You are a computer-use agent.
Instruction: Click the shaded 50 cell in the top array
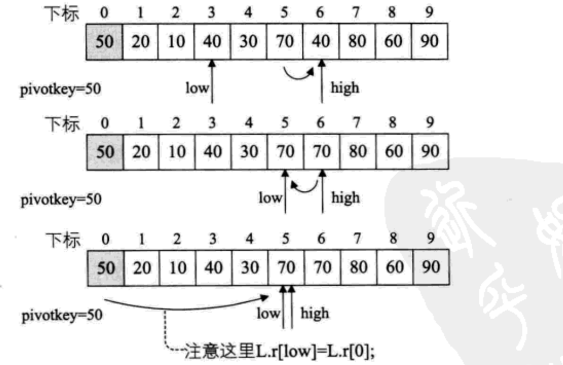click(104, 41)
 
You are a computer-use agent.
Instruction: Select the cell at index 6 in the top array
click(321, 41)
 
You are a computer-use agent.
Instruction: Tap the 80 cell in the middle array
click(358, 152)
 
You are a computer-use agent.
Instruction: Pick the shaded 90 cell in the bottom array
click(431, 267)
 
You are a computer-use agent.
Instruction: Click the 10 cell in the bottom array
click(178, 267)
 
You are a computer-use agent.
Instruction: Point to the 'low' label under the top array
click(197, 88)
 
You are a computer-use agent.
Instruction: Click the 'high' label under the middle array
click(345, 198)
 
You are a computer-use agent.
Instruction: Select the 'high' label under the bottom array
click(314, 313)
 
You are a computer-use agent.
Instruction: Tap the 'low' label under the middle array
click(270, 198)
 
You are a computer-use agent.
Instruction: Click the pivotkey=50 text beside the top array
click(60, 89)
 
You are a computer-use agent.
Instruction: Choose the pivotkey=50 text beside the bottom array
click(62, 316)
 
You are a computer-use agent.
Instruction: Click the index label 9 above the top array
click(429, 13)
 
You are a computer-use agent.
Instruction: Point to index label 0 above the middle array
click(104, 124)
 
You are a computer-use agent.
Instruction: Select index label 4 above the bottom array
click(249, 239)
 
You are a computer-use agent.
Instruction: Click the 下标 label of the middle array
click(62, 124)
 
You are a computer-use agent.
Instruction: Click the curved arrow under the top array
click(299, 75)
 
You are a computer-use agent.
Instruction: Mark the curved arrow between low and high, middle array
click(304, 186)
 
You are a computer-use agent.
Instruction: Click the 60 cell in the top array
click(394, 41)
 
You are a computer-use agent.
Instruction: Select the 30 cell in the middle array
click(249, 152)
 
